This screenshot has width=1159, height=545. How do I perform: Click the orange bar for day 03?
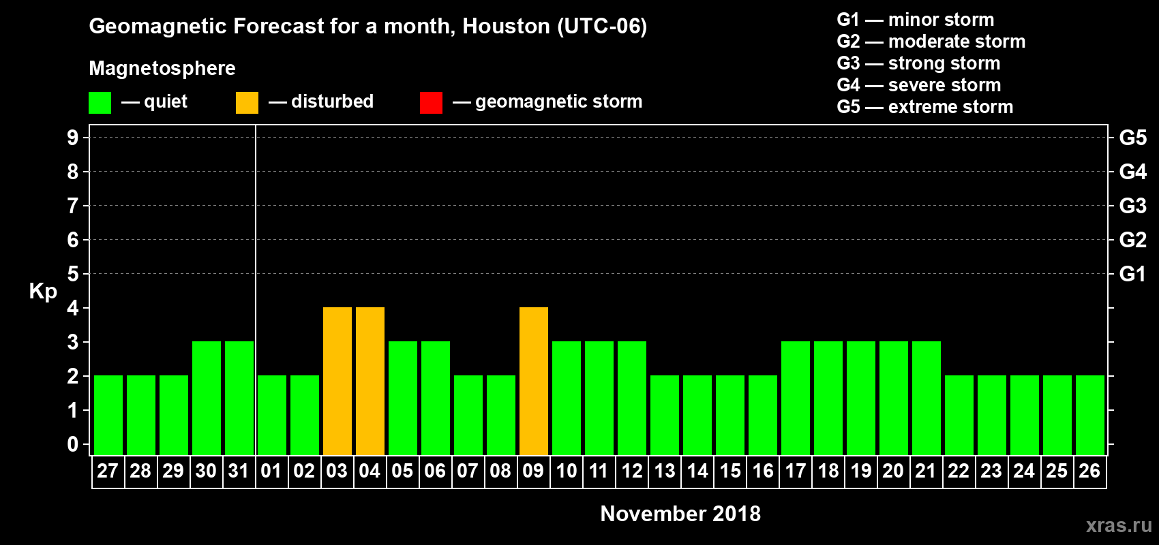pos(337,381)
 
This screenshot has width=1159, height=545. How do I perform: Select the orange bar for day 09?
pos(534,381)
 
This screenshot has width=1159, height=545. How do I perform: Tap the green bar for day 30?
pos(207,398)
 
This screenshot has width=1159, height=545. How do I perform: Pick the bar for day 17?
pos(796,398)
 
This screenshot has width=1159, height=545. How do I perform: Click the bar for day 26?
pos(1090,415)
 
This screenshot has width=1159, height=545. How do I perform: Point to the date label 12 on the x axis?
pos(632,471)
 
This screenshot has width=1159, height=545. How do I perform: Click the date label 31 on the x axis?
pos(239,471)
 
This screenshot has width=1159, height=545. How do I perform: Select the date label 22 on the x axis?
pos(959,471)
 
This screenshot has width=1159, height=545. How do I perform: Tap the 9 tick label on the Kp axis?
pos(73,138)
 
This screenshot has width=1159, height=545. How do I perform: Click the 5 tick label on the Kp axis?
pos(73,274)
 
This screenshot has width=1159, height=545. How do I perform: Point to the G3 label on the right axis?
pos(1132,206)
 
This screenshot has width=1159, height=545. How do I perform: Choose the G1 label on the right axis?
pos(1132,274)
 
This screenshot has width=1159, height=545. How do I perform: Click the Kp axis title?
pos(43,291)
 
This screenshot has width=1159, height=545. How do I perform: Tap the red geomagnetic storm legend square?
pos(431,103)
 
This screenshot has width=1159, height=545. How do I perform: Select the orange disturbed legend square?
pos(247,103)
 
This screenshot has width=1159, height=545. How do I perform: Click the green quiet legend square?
pos(100,103)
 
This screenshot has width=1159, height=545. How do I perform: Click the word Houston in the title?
pos(506,27)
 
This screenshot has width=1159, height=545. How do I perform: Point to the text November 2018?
pos(680,514)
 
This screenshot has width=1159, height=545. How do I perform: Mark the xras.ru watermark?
pos(1119,525)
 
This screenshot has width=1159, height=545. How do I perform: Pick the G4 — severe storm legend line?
pos(918,85)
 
